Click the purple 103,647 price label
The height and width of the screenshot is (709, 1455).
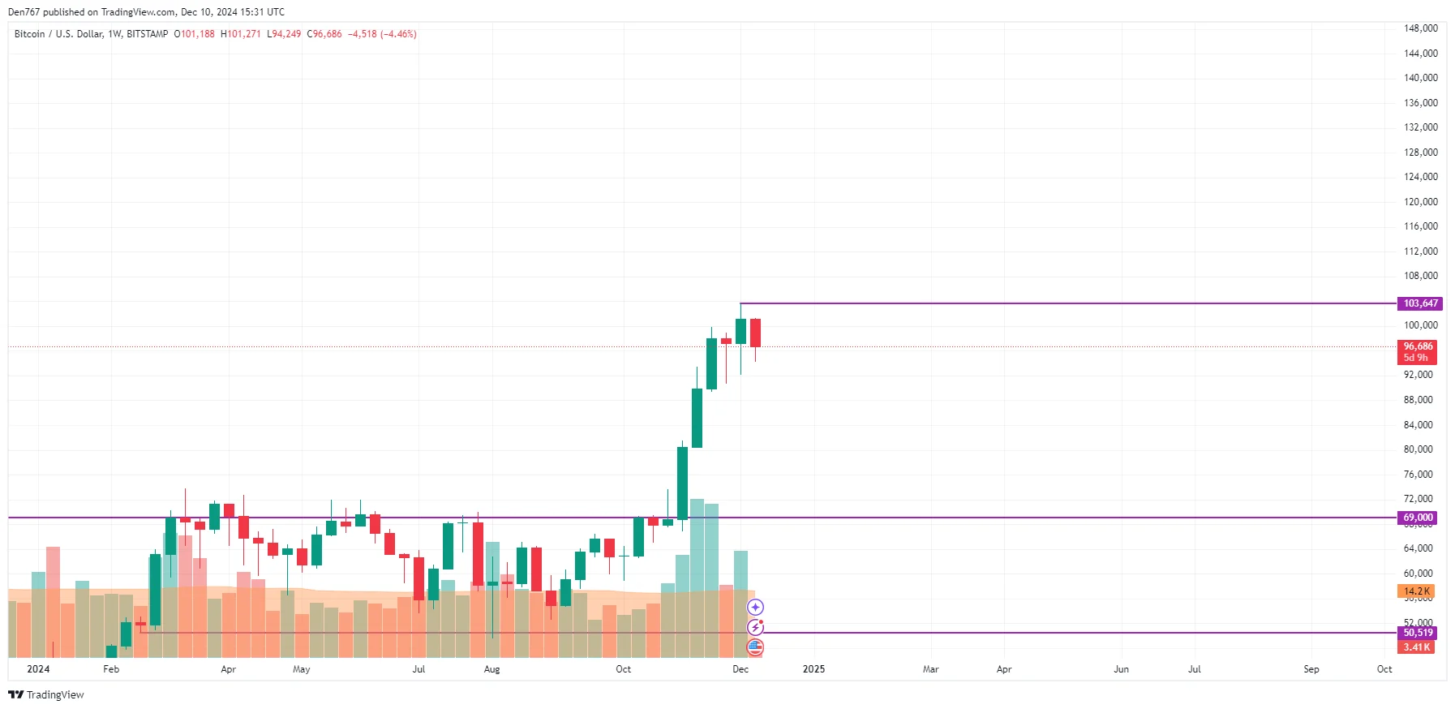pos(1420,303)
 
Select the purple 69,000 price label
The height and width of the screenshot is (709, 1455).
pos(1418,518)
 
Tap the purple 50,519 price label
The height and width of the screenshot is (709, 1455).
pos(1418,633)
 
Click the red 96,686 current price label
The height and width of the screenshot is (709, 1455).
pos(1418,346)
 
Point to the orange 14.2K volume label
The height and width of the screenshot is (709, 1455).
pos(1416,591)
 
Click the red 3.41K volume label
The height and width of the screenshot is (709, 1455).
pos(1416,647)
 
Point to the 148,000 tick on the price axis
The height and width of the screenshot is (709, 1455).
pos(1420,28)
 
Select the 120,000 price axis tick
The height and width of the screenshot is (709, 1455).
pos(1420,202)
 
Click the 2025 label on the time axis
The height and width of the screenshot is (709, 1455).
pos(813,669)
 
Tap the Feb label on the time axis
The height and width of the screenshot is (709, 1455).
pos(111,669)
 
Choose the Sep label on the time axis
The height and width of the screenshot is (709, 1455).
pos(1311,669)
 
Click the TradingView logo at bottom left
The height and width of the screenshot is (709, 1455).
pos(46,694)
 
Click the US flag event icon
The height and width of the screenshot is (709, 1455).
pos(755,647)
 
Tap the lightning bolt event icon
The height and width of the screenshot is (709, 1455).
pos(755,627)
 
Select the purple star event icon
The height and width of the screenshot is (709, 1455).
pos(755,607)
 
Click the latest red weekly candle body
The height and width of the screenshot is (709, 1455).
pos(755,333)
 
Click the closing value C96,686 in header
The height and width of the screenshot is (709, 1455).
pos(324,34)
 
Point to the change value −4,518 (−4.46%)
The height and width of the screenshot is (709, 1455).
pos(382,34)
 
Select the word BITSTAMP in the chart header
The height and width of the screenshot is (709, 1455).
pos(148,34)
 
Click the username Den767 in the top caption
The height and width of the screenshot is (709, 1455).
pos(24,12)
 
